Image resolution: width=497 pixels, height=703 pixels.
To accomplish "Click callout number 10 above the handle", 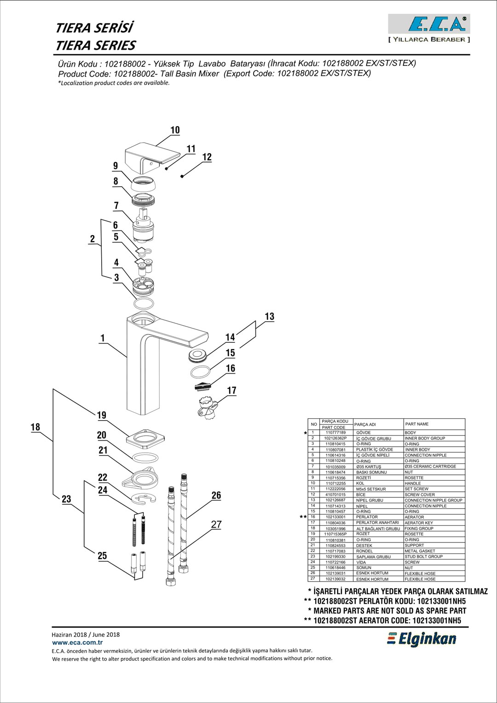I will (x=175, y=130).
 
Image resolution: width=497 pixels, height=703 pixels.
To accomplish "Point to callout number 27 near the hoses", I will (x=216, y=524).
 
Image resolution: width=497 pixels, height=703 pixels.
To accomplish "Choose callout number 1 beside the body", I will (x=103, y=338).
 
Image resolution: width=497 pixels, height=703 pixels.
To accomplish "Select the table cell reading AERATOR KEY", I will (x=419, y=523).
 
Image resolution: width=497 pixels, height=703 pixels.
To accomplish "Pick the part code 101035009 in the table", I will (x=335, y=467).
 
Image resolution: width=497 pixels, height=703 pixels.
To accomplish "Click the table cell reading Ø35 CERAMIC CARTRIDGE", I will (x=430, y=467).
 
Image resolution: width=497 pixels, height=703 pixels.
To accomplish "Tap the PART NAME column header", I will (x=416, y=424).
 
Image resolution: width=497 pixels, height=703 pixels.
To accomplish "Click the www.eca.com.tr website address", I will (x=77, y=643).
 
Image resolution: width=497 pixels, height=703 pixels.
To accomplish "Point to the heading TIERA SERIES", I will (x=95, y=46).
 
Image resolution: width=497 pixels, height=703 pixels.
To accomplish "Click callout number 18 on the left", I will (x=35, y=427).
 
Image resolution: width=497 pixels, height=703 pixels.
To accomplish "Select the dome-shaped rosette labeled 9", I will (x=143, y=185).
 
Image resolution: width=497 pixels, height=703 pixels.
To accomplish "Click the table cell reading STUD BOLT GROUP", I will (x=423, y=557).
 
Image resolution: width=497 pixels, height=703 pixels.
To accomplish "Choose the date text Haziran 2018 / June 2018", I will (x=86, y=634).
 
